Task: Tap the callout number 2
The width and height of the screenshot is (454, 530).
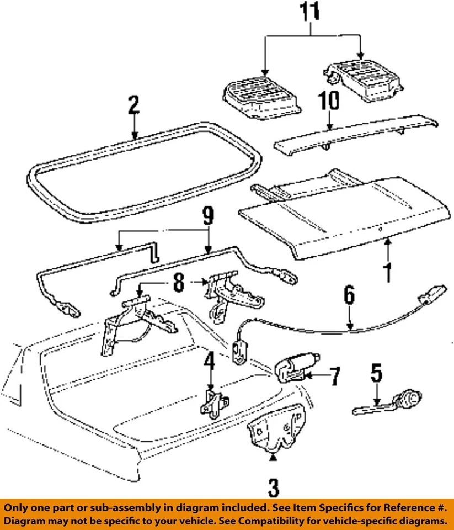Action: click(x=133, y=105)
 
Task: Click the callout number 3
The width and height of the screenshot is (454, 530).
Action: click(x=274, y=487)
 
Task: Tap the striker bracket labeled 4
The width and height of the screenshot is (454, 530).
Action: click(x=211, y=404)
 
